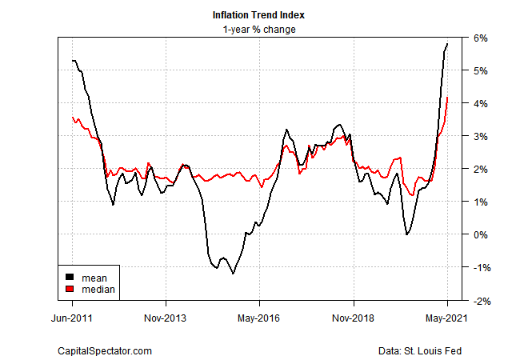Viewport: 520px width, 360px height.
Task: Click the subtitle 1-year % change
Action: point(260,30)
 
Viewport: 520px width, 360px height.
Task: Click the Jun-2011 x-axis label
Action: point(73,318)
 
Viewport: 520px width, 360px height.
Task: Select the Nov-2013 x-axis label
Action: point(166,318)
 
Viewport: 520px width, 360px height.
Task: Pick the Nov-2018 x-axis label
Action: point(353,318)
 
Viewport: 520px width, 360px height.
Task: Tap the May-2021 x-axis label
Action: point(446,318)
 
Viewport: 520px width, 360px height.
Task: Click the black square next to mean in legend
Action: point(70,278)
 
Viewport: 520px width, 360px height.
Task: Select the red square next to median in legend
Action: point(70,289)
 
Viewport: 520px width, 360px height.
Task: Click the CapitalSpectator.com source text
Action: point(105,350)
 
